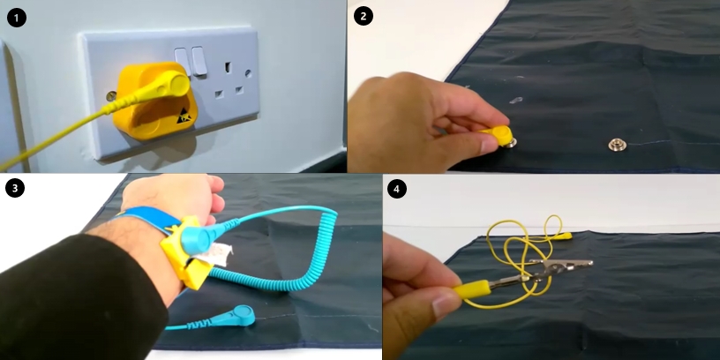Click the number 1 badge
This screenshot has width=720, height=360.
tap(17, 18)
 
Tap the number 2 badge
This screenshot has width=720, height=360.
tap(364, 16)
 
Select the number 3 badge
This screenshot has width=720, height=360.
tap(15, 188)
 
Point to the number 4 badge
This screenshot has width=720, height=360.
tap(397, 189)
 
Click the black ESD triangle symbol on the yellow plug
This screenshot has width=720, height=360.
tap(184, 116)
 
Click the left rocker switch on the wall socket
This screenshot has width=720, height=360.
tap(183, 62)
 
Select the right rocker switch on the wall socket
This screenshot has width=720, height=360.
tap(199, 61)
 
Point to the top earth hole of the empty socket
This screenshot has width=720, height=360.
tap(228, 67)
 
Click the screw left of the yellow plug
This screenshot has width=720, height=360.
tap(111, 96)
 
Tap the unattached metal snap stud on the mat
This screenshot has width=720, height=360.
tap(617, 145)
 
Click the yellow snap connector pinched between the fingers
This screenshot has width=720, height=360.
tap(499, 136)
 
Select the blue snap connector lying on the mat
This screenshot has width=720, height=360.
tap(243, 315)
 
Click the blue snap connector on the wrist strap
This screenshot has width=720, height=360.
tap(198, 238)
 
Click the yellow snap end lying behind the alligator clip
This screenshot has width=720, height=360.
tap(563, 236)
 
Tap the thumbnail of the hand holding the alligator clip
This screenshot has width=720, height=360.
tap(442, 306)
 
